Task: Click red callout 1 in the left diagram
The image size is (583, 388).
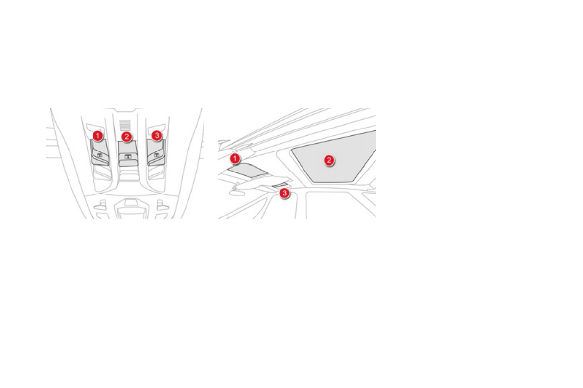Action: point(98,134)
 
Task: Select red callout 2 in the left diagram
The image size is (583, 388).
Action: point(127,136)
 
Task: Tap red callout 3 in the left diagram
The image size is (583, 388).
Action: point(156,134)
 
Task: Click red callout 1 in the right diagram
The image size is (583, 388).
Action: point(236,158)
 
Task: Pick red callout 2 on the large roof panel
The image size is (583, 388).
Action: point(329,160)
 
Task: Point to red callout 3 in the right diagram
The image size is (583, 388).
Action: point(284,194)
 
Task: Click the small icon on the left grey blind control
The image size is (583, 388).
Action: point(99,155)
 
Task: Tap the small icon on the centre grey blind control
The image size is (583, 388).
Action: point(127,156)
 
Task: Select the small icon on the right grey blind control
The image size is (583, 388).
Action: point(156,155)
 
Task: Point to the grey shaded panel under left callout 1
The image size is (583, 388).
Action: point(100,152)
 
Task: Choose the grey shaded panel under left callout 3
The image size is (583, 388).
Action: point(156,152)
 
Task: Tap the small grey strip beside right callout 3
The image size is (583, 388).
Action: point(281,184)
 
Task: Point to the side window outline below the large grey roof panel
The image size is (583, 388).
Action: point(338,203)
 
